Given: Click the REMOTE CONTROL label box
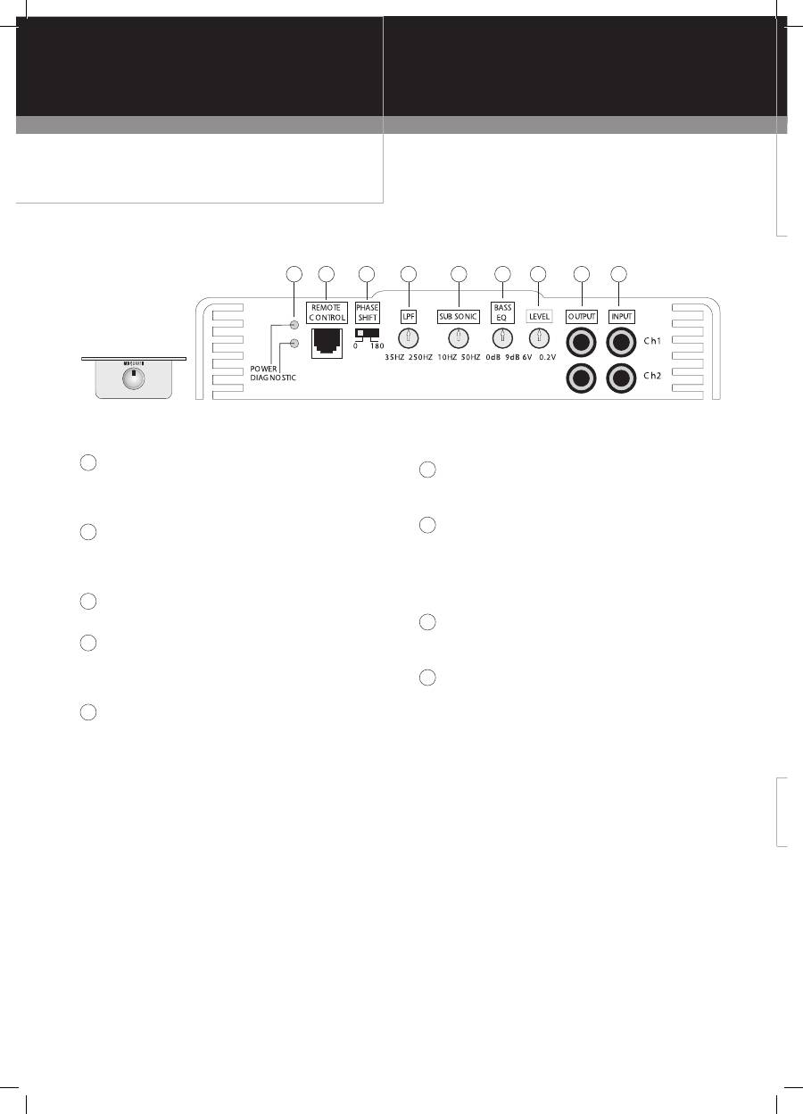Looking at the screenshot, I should point(327,312).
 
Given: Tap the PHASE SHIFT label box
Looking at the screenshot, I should point(368,312).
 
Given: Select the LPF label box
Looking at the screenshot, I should point(409,316).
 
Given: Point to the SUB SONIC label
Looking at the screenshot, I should point(459,316).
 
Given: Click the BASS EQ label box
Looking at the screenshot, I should point(502,312).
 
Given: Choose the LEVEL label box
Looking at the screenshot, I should point(540,316).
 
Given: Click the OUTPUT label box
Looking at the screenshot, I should point(582,316).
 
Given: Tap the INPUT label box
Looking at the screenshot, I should point(621,316).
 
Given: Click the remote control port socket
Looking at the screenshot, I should point(327,342).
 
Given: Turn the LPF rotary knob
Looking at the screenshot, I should point(408,337).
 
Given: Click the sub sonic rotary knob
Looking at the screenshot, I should point(458,337).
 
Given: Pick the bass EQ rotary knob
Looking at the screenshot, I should point(502,337).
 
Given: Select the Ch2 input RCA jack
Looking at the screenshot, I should point(621,379).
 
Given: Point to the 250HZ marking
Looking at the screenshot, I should point(420,357).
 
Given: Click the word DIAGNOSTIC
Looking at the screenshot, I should point(274,378).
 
